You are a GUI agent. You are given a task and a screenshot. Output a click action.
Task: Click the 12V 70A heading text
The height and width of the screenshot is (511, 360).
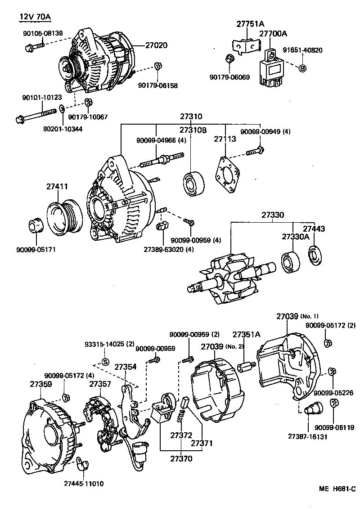click(35, 18)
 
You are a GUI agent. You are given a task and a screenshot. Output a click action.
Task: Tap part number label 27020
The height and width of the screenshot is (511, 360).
click(156, 45)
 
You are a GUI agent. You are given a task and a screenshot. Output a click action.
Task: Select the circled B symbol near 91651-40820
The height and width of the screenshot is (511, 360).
click(302, 68)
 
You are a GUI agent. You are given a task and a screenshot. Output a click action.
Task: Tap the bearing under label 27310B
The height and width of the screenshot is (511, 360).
click(194, 183)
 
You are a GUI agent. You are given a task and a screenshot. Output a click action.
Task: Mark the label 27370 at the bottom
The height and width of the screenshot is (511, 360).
click(181, 459)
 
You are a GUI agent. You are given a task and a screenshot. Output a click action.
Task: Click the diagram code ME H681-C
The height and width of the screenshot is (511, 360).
click(337, 489)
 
